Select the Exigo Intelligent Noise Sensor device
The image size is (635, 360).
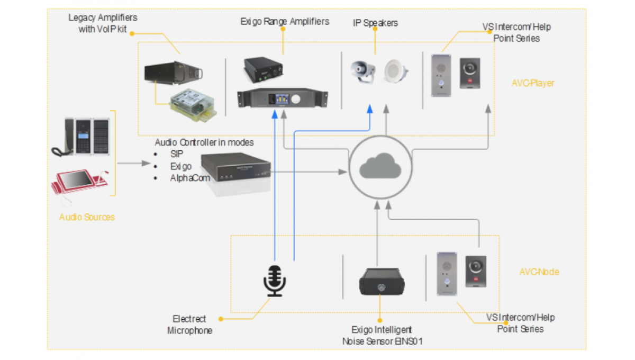(x=379, y=281)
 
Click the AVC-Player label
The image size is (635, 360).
(x=532, y=83)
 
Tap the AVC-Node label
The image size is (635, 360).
(x=539, y=272)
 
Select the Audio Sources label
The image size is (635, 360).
(x=87, y=217)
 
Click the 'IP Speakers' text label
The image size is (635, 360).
(x=375, y=23)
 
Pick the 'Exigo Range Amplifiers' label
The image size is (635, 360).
(x=285, y=22)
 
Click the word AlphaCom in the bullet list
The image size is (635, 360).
(x=189, y=178)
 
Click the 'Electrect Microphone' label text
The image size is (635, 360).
(x=189, y=325)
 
